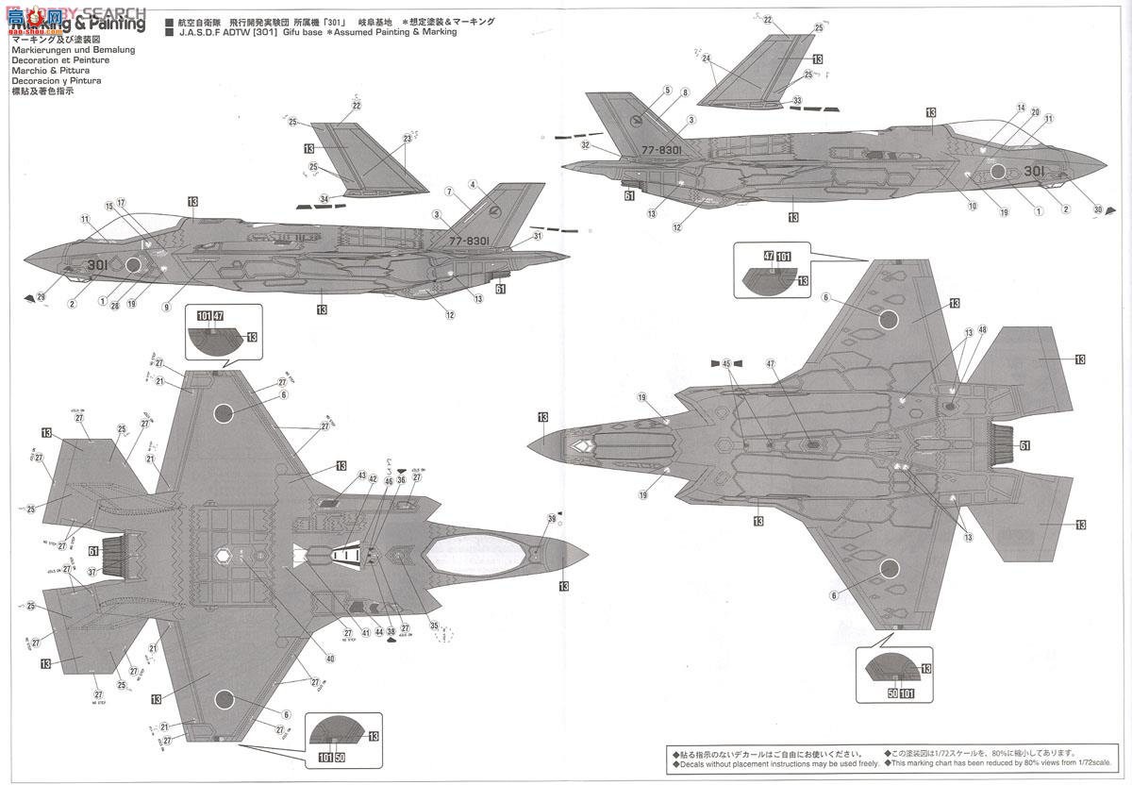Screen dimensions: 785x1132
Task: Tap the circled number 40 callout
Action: (x=330, y=659)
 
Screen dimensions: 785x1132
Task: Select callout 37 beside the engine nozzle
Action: (x=92, y=571)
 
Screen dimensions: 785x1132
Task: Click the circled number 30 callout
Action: (x=1097, y=209)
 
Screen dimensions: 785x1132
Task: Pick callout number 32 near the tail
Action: (x=586, y=145)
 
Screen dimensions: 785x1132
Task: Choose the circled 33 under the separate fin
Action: (x=798, y=100)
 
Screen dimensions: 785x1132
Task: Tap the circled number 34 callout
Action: (x=325, y=198)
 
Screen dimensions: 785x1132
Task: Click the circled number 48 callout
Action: (x=982, y=329)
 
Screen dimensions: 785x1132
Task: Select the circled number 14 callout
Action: (x=1021, y=108)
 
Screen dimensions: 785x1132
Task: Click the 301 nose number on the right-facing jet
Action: (x=1032, y=172)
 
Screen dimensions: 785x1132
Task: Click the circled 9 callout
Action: (x=166, y=307)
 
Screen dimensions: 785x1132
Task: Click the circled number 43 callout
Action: (x=361, y=476)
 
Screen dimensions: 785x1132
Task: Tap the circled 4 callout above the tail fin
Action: (x=472, y=184)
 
